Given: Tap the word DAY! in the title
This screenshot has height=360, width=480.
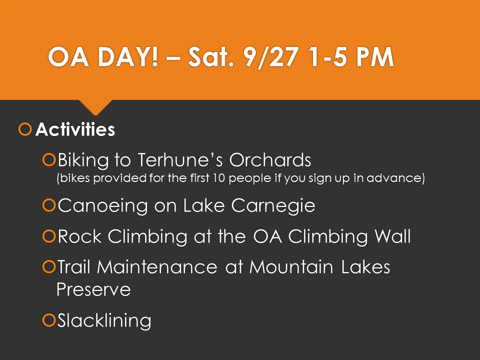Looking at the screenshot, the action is pos(128,57).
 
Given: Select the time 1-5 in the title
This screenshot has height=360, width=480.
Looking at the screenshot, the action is pos(328,57).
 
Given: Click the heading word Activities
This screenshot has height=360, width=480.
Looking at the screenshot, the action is pos(75,129).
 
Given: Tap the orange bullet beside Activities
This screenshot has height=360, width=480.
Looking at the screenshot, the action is pos(25,129).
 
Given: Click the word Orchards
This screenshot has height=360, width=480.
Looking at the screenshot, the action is pos(270,160).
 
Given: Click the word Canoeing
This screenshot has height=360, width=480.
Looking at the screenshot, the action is pos(102,205).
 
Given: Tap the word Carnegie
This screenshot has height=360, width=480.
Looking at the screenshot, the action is pos(273,205).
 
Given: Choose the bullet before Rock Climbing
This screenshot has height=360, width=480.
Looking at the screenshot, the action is pos(49,236).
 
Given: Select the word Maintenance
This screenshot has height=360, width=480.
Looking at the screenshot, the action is pos(157,267).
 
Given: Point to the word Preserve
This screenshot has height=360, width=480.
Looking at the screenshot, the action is pos(93,289).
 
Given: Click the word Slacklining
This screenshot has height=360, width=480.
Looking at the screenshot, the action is pos(104,321).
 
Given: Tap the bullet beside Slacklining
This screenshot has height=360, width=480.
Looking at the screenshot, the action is pos(49,320).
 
